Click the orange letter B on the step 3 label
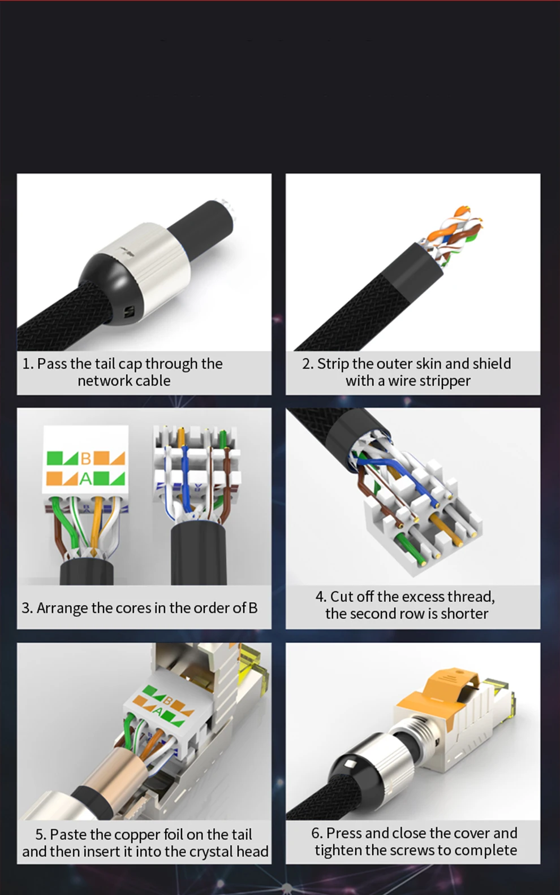(85, 459)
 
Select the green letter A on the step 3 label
(85, 478)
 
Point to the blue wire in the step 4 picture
(404, 476)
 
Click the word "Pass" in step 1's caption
(52, 364)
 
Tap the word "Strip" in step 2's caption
(333, 364)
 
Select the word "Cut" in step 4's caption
(342, 596)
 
